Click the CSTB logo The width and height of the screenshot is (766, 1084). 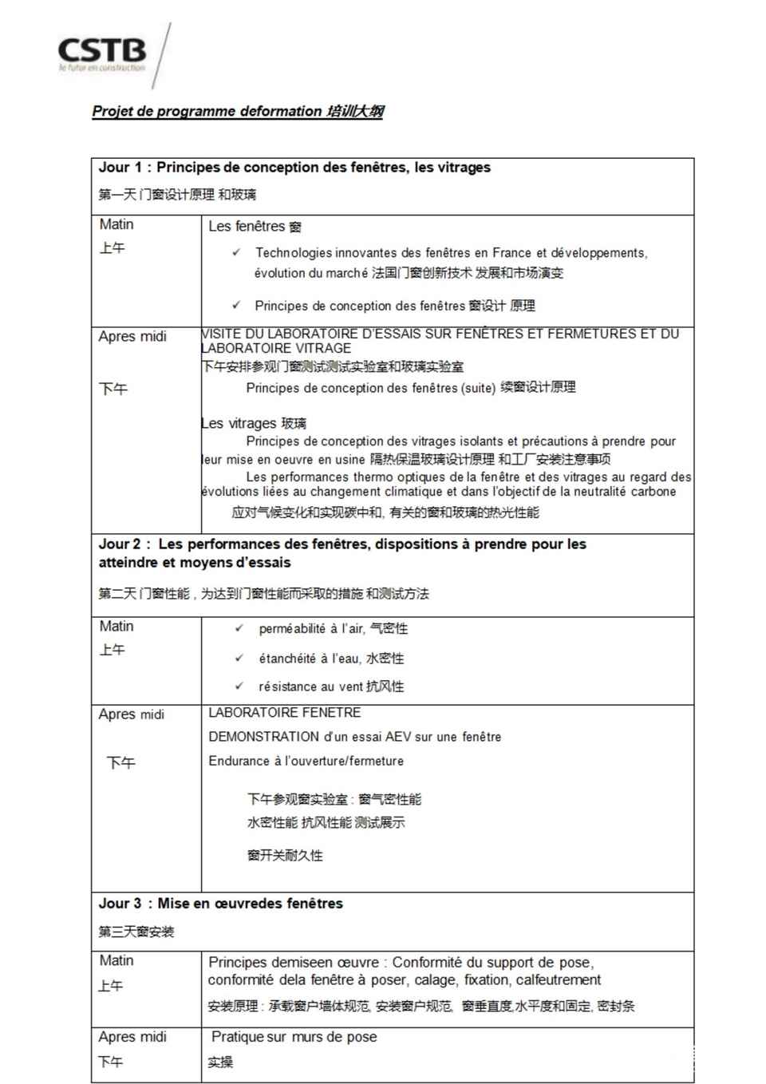click(x=102, y=53)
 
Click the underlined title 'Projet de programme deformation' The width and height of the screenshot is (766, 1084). click(x=207, y=112)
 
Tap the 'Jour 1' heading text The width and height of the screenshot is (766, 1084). click(x=120, y=168)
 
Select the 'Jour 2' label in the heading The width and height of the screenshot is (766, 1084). click(x=120, y=544)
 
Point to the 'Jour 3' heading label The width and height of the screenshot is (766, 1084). click(x=120, y=904)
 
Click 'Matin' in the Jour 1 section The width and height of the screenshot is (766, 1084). click(x=116, y=225)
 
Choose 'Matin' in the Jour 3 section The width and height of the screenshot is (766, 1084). click(x=116, y=961)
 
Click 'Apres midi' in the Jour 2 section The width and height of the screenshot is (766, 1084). click(x=132, y=714)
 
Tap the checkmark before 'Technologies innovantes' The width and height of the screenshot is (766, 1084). click(x=236, y=252)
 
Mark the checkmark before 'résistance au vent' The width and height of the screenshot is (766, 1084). click(x=239, y=686)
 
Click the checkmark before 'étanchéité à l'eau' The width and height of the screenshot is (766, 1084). click(x=239, y=658)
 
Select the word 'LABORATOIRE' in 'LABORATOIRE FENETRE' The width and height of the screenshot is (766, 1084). click(x=252, y=713)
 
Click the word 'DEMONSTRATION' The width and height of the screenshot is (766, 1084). click(x=263, y=737)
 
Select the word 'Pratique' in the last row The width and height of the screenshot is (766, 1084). click(x=238, y=1037)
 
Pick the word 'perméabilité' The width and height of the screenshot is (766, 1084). click(x=292, y=629)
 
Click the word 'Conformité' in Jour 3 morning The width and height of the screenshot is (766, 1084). click(x=428, y=963)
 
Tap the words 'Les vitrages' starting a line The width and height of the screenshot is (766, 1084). click(x=238, y=424)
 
